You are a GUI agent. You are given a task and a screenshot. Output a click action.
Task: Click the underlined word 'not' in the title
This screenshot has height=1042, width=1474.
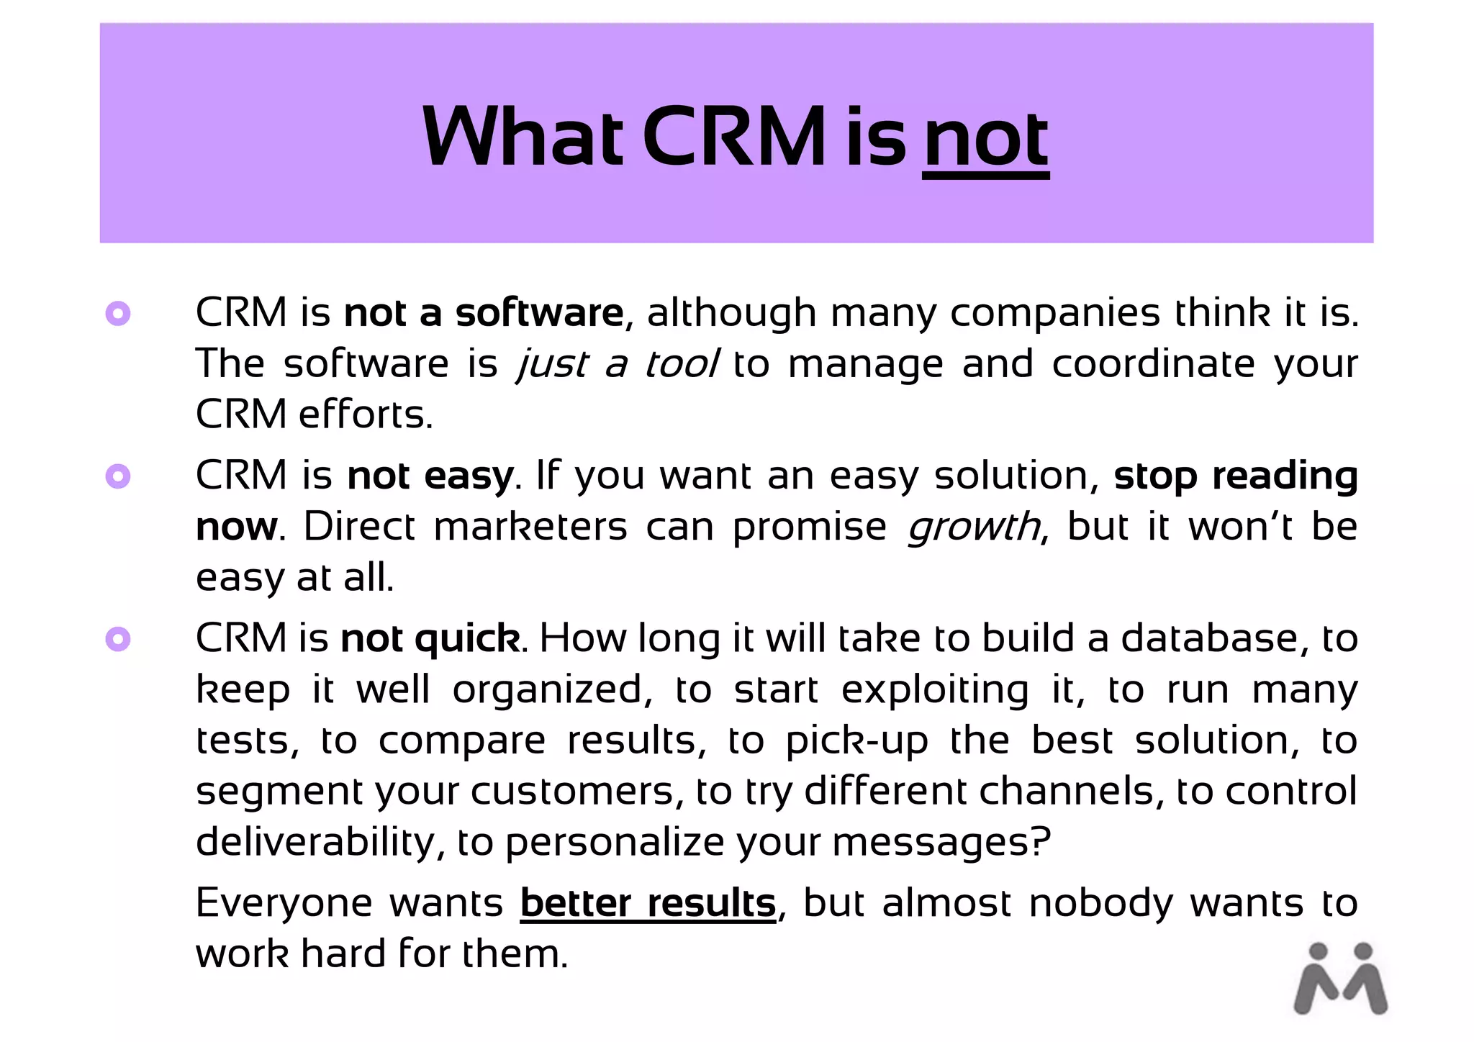coord(985,138)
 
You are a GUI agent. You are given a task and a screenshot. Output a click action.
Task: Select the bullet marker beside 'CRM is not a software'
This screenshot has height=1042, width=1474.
coord(118,314)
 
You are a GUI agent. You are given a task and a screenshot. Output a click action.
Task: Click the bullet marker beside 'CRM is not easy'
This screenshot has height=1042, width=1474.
coord(118,476)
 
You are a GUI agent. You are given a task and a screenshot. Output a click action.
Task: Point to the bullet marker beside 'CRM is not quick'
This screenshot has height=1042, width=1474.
coord(118,639)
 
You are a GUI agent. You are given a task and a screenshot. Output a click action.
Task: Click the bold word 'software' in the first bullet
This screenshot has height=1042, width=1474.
coord(539,314)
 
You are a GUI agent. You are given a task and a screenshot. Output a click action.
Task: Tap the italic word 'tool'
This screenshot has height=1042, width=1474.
coord(681,363)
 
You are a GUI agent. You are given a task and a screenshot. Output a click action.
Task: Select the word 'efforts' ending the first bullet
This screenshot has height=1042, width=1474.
coord(364,414)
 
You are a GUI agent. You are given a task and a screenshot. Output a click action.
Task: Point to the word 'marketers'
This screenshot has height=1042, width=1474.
coord(530,527)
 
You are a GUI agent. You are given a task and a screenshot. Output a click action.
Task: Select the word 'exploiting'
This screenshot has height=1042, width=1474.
coord(935,690)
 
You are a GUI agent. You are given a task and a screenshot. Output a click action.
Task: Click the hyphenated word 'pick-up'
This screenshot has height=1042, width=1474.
coord(856,741)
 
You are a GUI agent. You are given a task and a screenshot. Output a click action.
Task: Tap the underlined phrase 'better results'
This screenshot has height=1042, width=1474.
coord(648,904)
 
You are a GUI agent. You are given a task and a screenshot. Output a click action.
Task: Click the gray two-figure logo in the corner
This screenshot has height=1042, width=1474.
coord(1340,979)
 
